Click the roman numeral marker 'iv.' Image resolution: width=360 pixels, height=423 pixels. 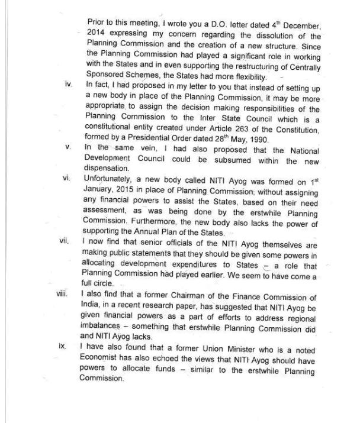[67, 86]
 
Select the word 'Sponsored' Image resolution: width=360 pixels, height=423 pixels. [108, 77]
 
